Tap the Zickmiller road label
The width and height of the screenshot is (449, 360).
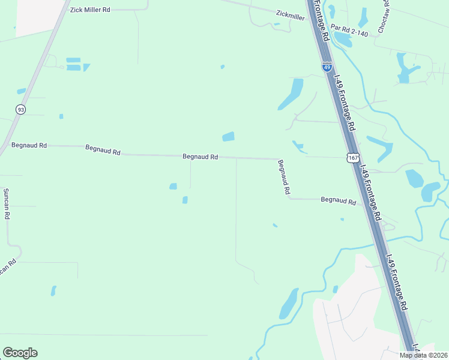pyautogui.click(x=291, y=14)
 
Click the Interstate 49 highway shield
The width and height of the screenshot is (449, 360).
pyautogui.click(x=327, y=67)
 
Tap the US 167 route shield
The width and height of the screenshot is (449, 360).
pyautogui.click(x=352, y=158)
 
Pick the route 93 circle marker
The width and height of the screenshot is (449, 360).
pyautogui.click(x=20, y=109)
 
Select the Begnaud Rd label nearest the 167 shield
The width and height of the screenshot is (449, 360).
pyautogui.click(x=338, y=200)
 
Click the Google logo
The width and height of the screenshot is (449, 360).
pyautogui.click(x=20, y=353)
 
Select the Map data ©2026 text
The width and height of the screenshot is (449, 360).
pyautogui.click(x=423, y=355)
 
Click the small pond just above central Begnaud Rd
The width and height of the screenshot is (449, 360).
pyautogui.click(x=228, y=137)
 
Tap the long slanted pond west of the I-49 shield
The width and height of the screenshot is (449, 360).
pyautogui.click(x=291, y=95)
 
